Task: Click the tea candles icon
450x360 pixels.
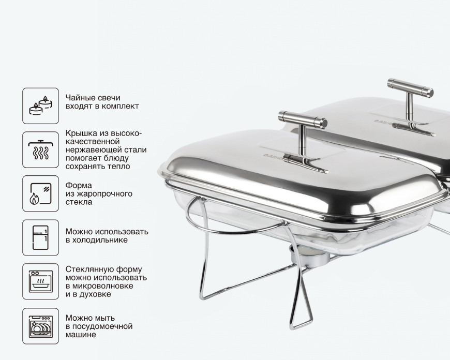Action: pyautogui.click(x=41, y=106)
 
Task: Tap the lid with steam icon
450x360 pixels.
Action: pyautogui.click(x=41, y=149)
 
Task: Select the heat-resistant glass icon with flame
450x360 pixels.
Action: pyautogui.click(x=41, y=194)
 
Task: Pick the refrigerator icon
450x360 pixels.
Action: pyautogui.click(x=40, y=238)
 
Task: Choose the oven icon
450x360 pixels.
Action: pyautogui.click(x=41, y=281)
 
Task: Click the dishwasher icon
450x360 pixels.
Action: pyautogui.click(x=41, y=326)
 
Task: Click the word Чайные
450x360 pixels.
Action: pyautogui.click(x=78, y=98)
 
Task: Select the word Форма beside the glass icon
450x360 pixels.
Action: pyautogui.click(x=79, y=186)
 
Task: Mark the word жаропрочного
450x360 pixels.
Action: pyautogui.click(x=104, y=194)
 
